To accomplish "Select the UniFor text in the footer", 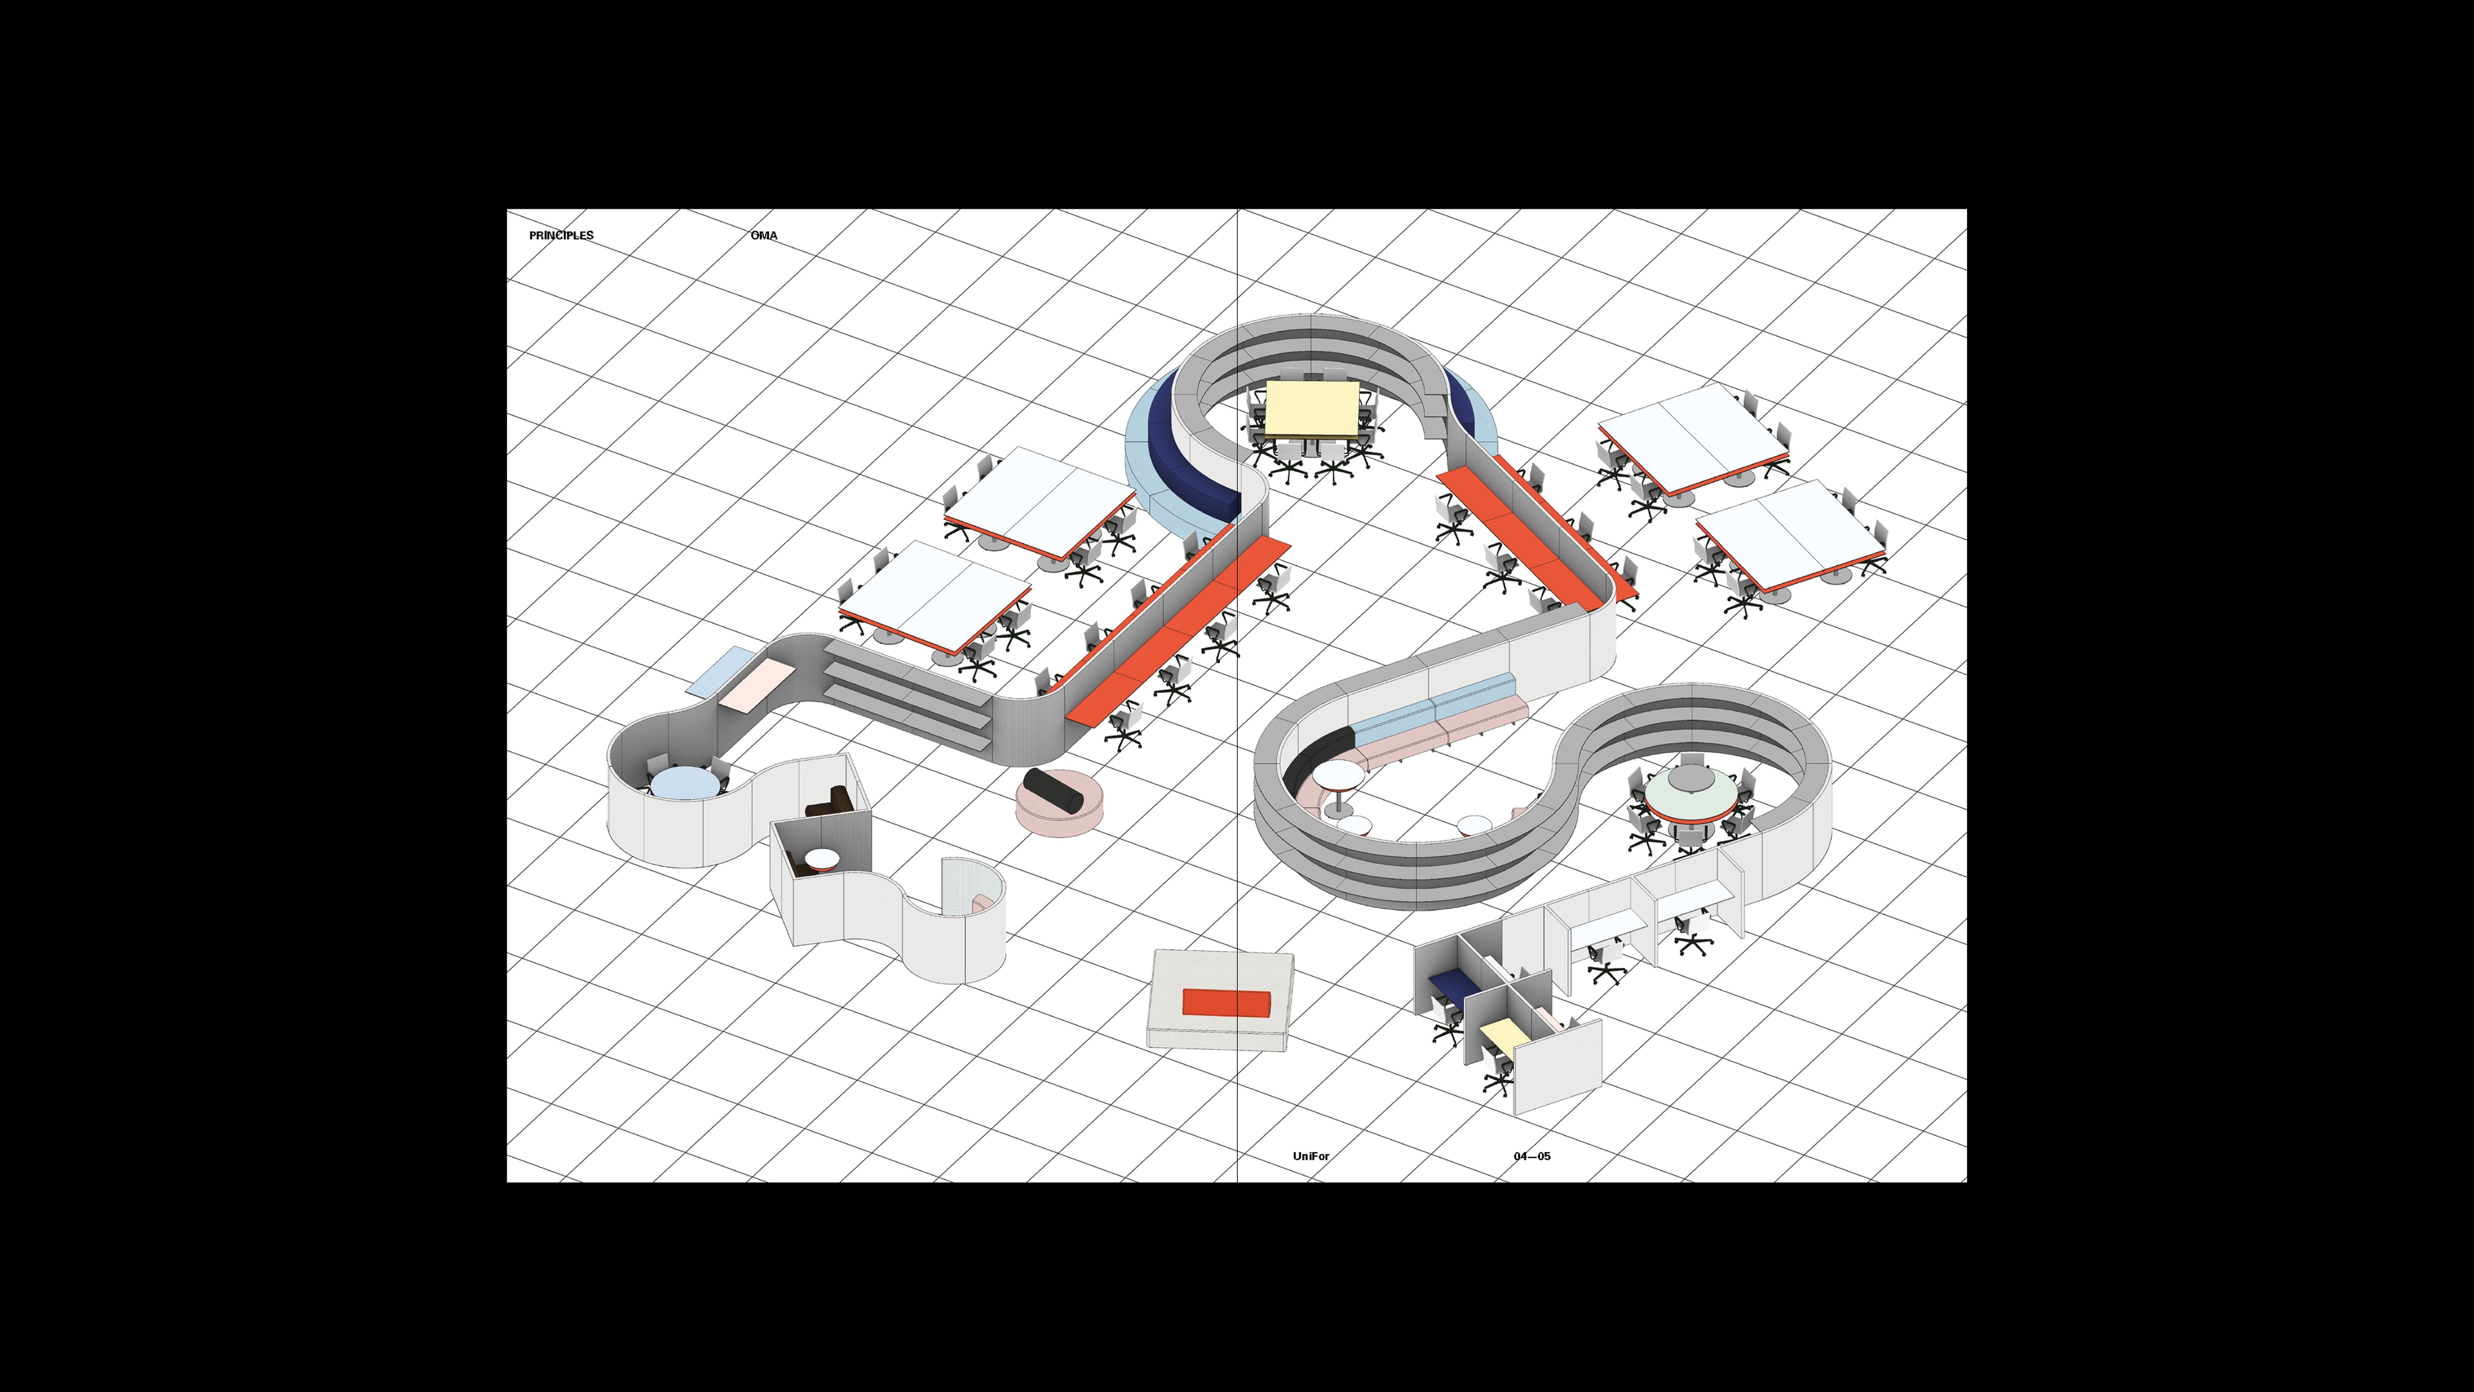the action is point(1311,1156).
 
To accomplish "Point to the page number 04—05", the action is point(1532,1156).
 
